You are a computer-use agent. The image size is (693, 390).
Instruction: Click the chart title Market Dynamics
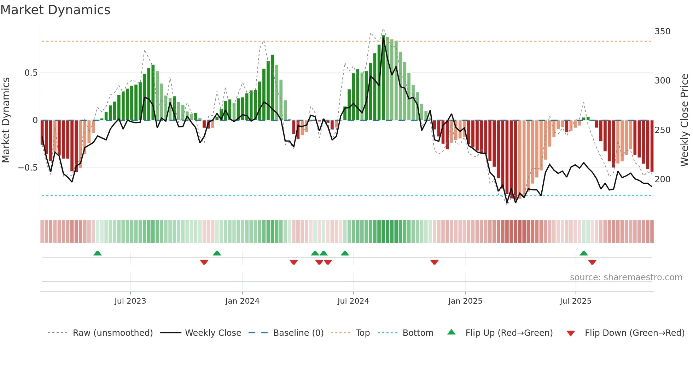click(x=55, y=10)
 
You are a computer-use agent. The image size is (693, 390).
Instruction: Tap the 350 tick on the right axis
click(x=662, y=31)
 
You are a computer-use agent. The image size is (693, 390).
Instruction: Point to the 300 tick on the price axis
click(x=662, y=81)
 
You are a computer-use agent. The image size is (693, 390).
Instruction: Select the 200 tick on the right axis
click(x=662, y=179)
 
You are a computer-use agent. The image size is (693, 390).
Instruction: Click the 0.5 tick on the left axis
click(x=31, y=73)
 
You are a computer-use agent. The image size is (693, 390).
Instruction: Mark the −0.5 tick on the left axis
click(x=28, y=168)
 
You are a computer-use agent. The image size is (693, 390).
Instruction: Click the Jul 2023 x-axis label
click(x=130, y=301)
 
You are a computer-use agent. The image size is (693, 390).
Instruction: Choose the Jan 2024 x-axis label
click(x=242, y=301)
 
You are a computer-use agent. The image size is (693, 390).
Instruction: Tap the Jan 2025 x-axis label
click(x=465, y=301)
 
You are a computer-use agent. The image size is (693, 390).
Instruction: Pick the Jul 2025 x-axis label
click(x=575, y=301)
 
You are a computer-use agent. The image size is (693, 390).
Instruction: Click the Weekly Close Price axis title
click(x=685, y=120)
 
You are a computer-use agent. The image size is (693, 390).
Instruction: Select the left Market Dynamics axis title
click(x=6, y=120)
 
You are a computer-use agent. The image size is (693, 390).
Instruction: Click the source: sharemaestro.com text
click(x=626, y=277)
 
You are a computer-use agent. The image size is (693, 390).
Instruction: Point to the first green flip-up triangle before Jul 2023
click(x=98, y=253)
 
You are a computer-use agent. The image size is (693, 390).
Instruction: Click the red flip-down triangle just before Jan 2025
click(x=435, y=262)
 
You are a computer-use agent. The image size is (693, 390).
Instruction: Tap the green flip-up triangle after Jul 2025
click(x=584, y=253)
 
